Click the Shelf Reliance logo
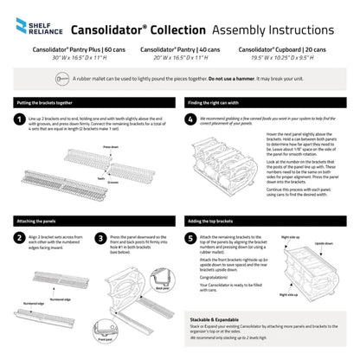pyautogui.click(x=32, y=29)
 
